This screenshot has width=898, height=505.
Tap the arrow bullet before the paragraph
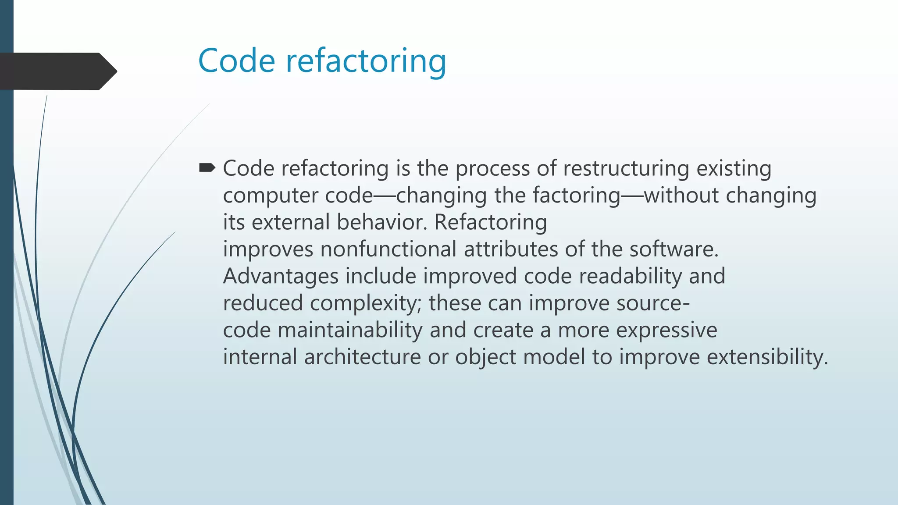click(x=207, y=168)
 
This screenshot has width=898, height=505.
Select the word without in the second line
click(x=681, y=195)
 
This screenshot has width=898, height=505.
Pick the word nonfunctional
click(x=388, y=249)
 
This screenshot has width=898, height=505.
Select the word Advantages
click(x=281, y=277)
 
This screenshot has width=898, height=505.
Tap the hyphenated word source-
click(x=653, y=303)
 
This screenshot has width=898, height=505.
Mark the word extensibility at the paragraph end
click(x=767, y=357)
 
